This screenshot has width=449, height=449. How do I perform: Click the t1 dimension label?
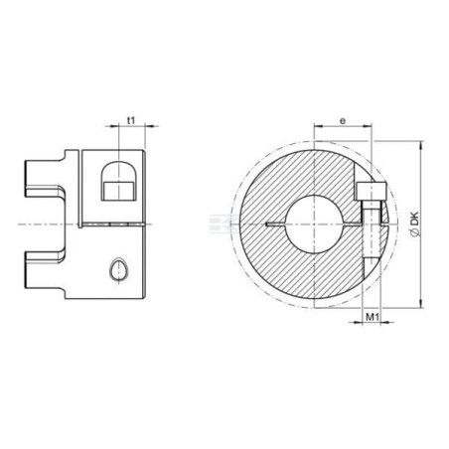131,120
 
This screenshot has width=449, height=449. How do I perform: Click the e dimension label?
343,121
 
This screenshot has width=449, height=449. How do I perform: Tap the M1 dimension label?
373,317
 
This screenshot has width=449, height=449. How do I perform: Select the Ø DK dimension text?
414,224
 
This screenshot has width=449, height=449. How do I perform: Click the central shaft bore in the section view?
314,224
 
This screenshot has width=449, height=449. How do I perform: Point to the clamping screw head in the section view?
372,191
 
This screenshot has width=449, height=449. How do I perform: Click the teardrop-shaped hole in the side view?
118,269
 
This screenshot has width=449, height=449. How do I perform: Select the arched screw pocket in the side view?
118,181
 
